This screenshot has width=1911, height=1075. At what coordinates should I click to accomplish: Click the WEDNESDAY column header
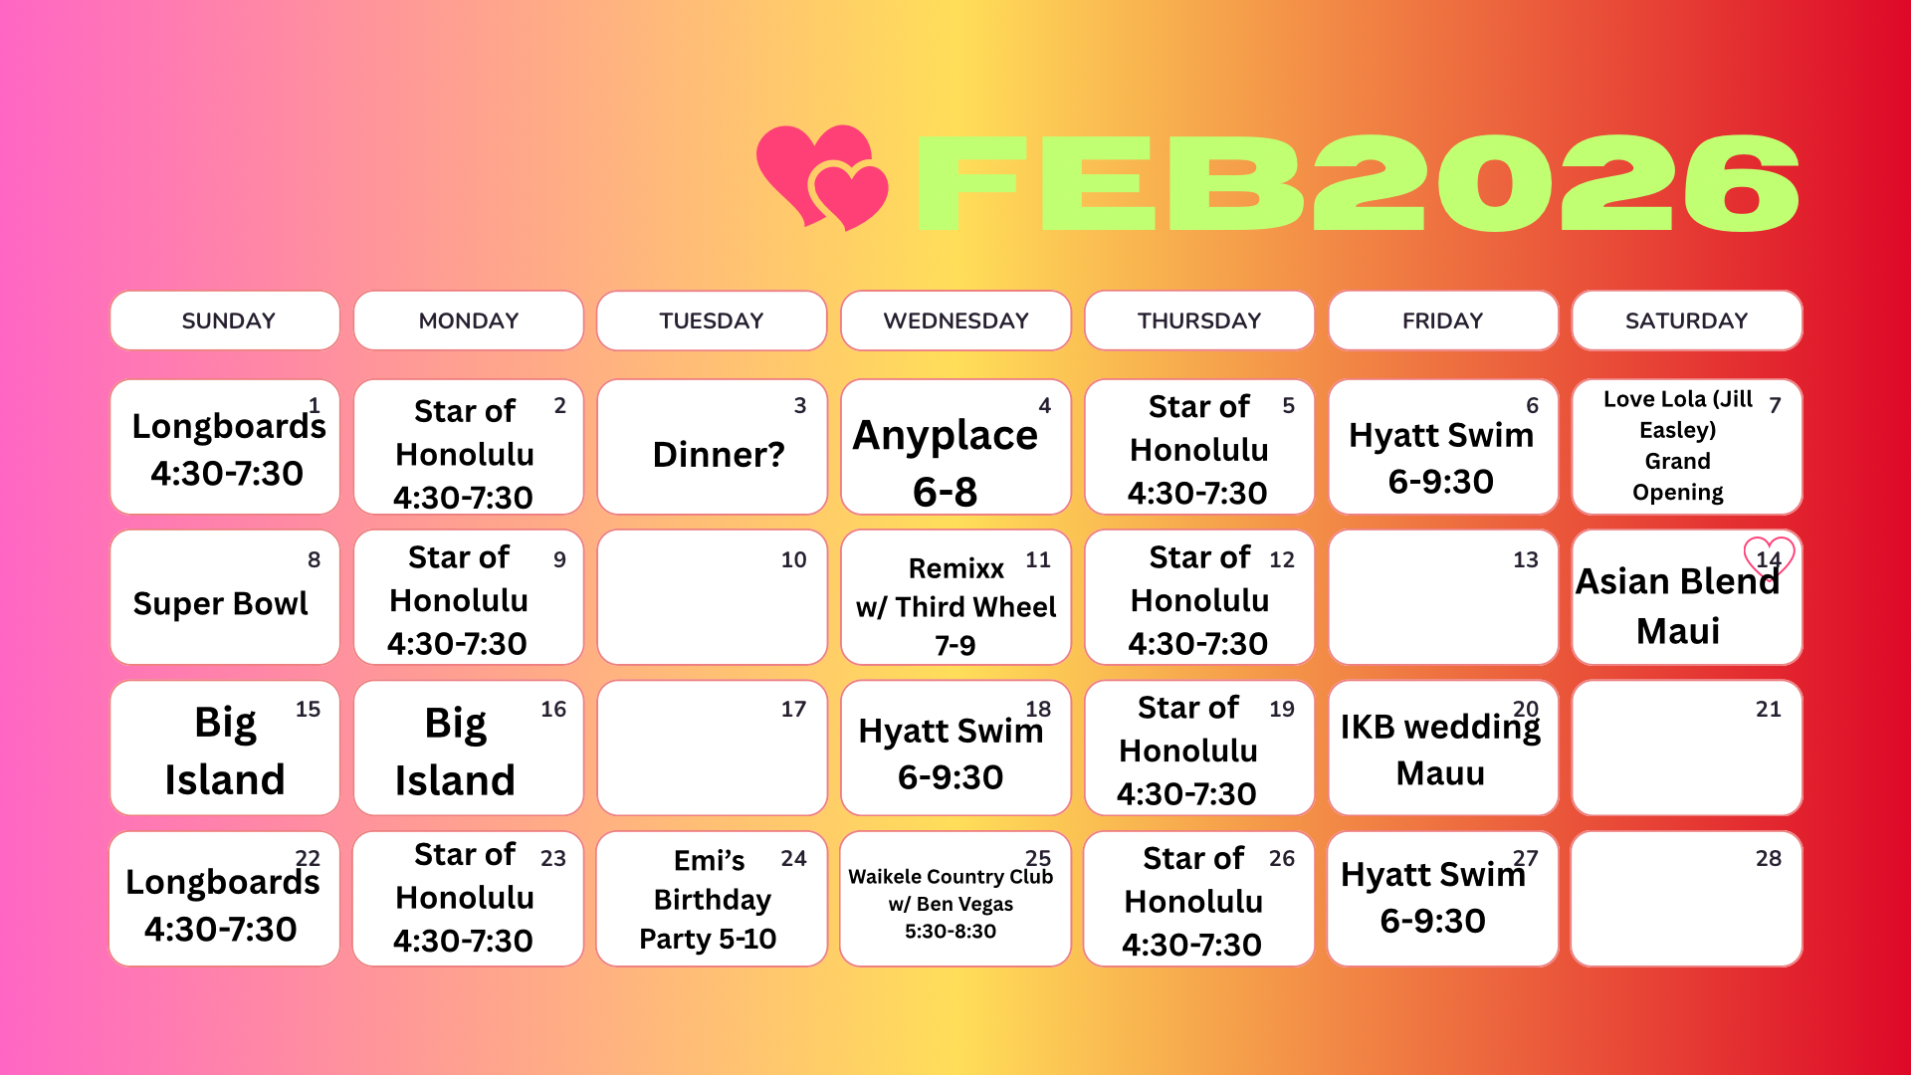pos(955,321)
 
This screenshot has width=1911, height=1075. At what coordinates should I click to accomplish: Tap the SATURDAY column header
pos(1687,321)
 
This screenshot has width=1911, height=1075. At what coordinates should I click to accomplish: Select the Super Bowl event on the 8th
pos(220,603)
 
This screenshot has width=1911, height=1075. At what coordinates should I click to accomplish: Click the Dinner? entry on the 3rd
pos(719,455)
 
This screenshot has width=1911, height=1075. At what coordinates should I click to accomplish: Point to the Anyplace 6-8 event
pos(946,463)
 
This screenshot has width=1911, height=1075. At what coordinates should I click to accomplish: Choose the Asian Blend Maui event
pos(1678,605)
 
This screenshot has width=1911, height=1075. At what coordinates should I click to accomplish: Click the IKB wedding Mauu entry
pos(1440,750)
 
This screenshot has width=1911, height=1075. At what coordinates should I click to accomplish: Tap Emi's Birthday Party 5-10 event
pos(709,899)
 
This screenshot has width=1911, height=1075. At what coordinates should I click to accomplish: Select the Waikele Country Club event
pos(951,903)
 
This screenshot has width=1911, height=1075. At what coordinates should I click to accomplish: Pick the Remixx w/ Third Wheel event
pos(955,606)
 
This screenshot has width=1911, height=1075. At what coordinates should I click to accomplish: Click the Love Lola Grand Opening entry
pos(1678,445)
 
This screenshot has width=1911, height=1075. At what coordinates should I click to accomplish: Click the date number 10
pos(793,559)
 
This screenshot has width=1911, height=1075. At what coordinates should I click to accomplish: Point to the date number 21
pos(1768,709)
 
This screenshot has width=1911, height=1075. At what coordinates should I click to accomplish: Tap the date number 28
pos(1768,858)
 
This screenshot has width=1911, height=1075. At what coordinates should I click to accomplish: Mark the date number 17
pos(793,709)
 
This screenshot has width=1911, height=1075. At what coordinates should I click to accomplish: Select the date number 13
pos(1525,559)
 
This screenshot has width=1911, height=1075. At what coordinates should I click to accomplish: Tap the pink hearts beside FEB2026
pos(822,177)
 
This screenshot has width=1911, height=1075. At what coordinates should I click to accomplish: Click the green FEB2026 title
pos(1358,182)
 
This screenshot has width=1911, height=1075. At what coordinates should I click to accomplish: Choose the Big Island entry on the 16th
pos(456,752)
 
